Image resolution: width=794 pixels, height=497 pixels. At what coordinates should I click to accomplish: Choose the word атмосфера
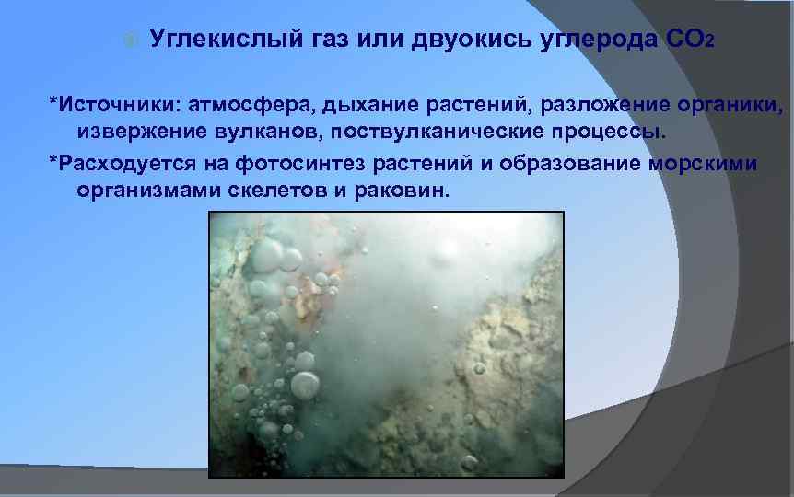251,105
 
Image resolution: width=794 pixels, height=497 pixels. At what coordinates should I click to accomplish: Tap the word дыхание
369,105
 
